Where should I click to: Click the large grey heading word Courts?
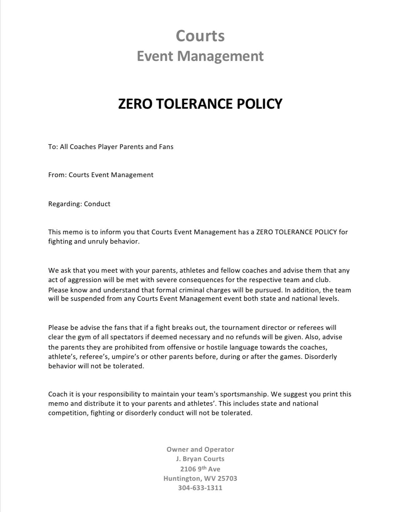[x=200, y=36]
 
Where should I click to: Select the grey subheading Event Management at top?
[x=200, y=56]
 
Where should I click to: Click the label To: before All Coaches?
[x=53, y=147]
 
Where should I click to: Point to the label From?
[x=57, y=175]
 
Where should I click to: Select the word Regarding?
[x=65, y=204]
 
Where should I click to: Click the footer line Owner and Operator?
[x=200, y=449]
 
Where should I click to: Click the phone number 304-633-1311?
[x=200, y=488]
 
